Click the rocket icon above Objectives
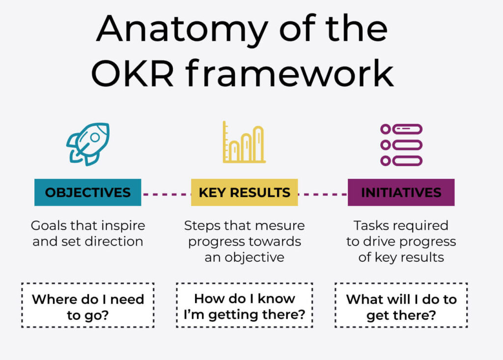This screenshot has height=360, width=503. pyautogui.click(x=88, y=144)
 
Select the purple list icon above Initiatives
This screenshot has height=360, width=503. pyautogui.click(x=401, y=145)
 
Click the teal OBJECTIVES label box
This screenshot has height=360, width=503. pyautogui.click(x=87, y=192)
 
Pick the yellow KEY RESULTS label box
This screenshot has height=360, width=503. pyautogui.click(x=245, y=192)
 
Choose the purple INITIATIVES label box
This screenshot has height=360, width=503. pyautogui.click(x=401, y=192)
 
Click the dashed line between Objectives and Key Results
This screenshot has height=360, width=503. pyautogui.click(x=166, y=194)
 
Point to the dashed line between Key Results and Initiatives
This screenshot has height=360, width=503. pyautogui.click(x=323, y=194)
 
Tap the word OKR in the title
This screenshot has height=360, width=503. pyautogui.click(x=133, y=74)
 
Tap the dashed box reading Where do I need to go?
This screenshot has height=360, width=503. pyautogui.click(x=88, y=305)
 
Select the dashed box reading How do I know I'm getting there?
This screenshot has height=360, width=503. pyautogui.click(x=245, y=305)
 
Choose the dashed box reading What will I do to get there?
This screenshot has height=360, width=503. pyautogui.click(x=401, y=305)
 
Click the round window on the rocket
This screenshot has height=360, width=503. pyautogui.click(x=95, y=138)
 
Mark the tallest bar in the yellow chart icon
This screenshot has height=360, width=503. pyautogui.click(x=258, y=143)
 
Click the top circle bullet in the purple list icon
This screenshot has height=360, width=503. pyautogui.click(x=386, y=129)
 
